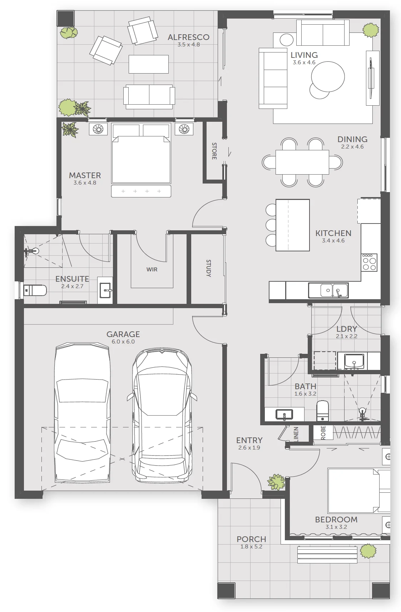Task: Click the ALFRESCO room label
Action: [188, 37]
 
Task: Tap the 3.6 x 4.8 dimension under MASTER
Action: [85, 183]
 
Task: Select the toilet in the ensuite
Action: [35, 290]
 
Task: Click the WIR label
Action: [152, 269]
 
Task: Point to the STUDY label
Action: [208, 268]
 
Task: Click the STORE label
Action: [214, 151]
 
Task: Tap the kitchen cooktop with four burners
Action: [369, 262]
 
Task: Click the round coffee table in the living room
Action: [328, 76]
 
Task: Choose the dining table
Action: [302, 162]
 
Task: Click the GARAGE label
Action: [123, 334]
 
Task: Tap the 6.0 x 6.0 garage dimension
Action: [123, 342]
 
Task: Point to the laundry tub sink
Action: [354, 361]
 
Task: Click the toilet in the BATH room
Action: [322, 411]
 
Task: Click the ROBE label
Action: [323, 432]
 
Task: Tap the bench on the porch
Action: [327, 555]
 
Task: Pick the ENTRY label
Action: [249, 440]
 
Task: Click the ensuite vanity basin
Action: [105, 290]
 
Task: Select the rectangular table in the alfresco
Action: [149, 64]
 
